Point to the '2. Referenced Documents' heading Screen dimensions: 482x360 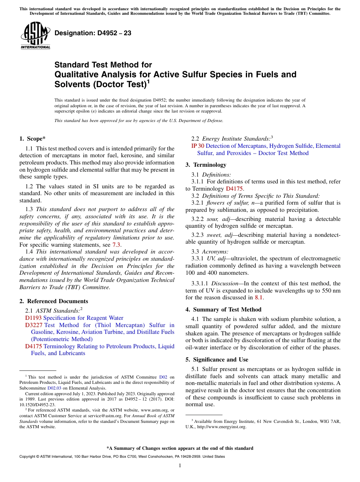click(x=53, y=301)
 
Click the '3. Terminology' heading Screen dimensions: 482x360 click(x=206, y=165)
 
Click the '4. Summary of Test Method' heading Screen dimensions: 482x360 click(x=223, y=310)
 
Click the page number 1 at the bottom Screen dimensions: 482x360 click(x=180, y=465)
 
